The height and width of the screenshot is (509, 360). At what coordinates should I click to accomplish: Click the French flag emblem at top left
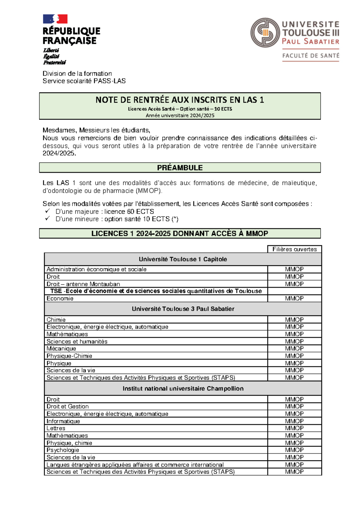coord(55,19)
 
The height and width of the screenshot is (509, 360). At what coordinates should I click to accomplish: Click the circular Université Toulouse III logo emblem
coord(265,32)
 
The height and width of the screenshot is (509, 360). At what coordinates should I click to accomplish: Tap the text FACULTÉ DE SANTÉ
coord(310,56)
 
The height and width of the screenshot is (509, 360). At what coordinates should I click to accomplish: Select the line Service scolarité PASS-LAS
coord(84,81)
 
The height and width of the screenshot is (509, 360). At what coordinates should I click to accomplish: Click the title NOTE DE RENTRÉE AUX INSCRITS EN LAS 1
coord(180,100)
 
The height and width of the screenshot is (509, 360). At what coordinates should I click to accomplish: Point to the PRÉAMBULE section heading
coord(180,168)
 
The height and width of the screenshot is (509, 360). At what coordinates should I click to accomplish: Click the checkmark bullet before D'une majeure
coord(47,211)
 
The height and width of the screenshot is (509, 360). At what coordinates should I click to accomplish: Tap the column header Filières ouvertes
coord(294,249)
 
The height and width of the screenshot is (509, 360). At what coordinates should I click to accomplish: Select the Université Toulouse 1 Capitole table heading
coord(183,259)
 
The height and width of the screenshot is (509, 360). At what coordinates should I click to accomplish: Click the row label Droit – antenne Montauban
coord(83,284)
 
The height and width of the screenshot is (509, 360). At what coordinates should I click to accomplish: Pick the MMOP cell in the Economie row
coord(294,298)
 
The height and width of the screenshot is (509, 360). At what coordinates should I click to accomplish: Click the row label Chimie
coord(56,320)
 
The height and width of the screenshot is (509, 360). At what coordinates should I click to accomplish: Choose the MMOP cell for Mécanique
coord(294,348)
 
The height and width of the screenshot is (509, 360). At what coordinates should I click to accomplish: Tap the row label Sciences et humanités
coord(77,342)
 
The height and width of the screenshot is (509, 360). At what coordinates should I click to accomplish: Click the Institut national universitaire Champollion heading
coord(183,389)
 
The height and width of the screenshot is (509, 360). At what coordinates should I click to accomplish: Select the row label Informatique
coord(63,421)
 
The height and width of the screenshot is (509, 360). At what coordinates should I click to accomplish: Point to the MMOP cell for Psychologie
coord(294,450)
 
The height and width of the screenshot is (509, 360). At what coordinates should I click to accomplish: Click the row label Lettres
coord(56,428)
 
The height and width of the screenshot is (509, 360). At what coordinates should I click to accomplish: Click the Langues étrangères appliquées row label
coord(135,465)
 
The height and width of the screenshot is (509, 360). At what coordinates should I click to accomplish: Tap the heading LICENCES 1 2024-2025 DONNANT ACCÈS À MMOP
coord(180,233)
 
